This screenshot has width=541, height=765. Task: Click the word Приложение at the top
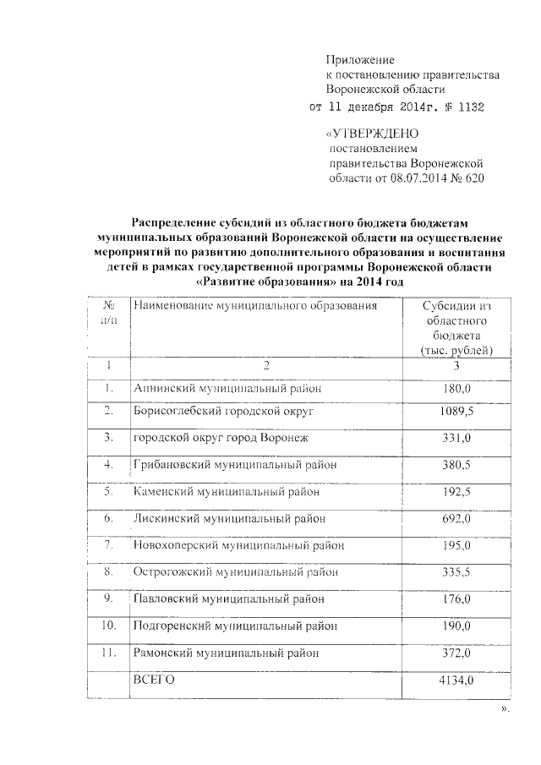click(361, 60)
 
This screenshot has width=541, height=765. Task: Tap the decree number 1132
click(471, 108)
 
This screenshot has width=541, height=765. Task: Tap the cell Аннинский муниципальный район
click(228, 388)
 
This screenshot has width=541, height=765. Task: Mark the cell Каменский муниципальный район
click(228, 491)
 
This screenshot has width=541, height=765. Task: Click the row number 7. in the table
click(109, 545)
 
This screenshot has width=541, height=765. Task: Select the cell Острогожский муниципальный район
click(236, 572)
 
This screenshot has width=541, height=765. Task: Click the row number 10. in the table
click(108, 626)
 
